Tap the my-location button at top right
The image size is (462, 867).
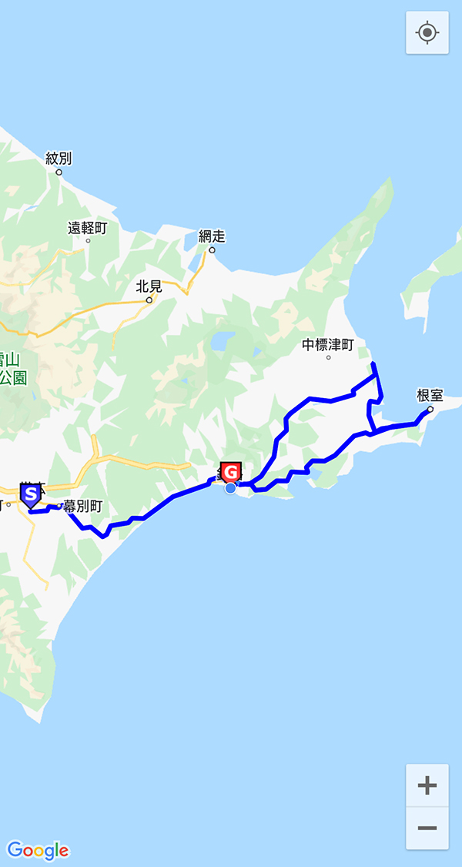click(x=427, y=33)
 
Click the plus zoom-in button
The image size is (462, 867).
click(x=427, y=785)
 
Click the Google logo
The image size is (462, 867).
click(x=38, y=850)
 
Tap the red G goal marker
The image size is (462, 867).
click(x=230, y=471)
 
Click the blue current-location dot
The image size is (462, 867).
click(x=230, y=488)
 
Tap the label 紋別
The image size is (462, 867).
click(x=59, y=159)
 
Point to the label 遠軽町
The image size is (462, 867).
click(x=87, y=228)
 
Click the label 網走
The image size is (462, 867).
click(x=212, y=236)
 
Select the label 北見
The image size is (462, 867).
click(x=149, y=286)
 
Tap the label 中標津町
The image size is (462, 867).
click(x=328, y=345)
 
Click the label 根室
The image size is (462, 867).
click(x=430, y=395)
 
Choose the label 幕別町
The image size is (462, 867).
click(x=82, y=506)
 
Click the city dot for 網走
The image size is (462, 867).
click(x=212, y=249)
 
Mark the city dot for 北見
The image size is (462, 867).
click(x=149, y=300)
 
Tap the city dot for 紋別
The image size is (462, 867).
click(x=59, y=172)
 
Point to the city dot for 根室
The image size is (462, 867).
click(x=430, y=409)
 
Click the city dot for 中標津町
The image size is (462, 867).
click(x=328, y=357)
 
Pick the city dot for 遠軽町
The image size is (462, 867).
click(x=87, y=241)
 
